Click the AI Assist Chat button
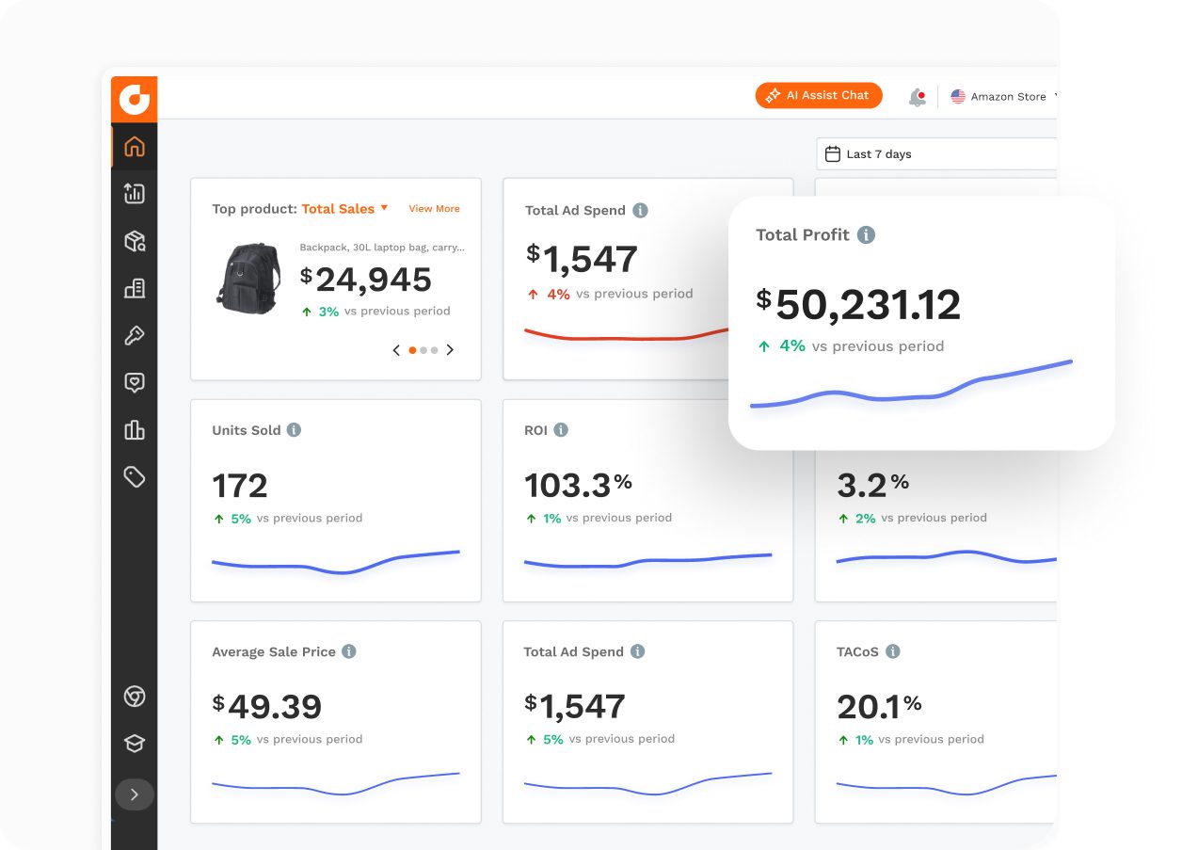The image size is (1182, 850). click(x=818, y=95)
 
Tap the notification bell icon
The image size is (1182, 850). click(x=917, y=97)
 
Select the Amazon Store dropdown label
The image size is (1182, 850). click(x=1007, y=97)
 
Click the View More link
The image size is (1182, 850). click(x=434, y=209)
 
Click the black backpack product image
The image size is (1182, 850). click(x=248, y=279)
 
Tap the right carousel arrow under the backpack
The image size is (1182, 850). click(x=450, y=350)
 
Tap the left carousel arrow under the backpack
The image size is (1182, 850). click(x=396, y=350)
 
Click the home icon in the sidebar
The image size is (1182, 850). click(x=135, y=146)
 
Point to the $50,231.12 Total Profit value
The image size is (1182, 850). click(x=858, y=305)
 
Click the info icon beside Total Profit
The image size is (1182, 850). click(x=866, y=235)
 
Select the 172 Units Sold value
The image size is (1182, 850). click(x=240, y=487)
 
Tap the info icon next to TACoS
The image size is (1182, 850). click(x=892, y=651)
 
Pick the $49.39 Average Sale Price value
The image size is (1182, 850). click(x=267, y=706)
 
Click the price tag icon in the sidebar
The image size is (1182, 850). click(x=135, y=476)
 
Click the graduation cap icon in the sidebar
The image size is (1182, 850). click(x=135, y=744)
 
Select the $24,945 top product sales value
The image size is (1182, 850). click(x=366, y=280)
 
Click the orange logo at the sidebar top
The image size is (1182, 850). click(x=135, y=99)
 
